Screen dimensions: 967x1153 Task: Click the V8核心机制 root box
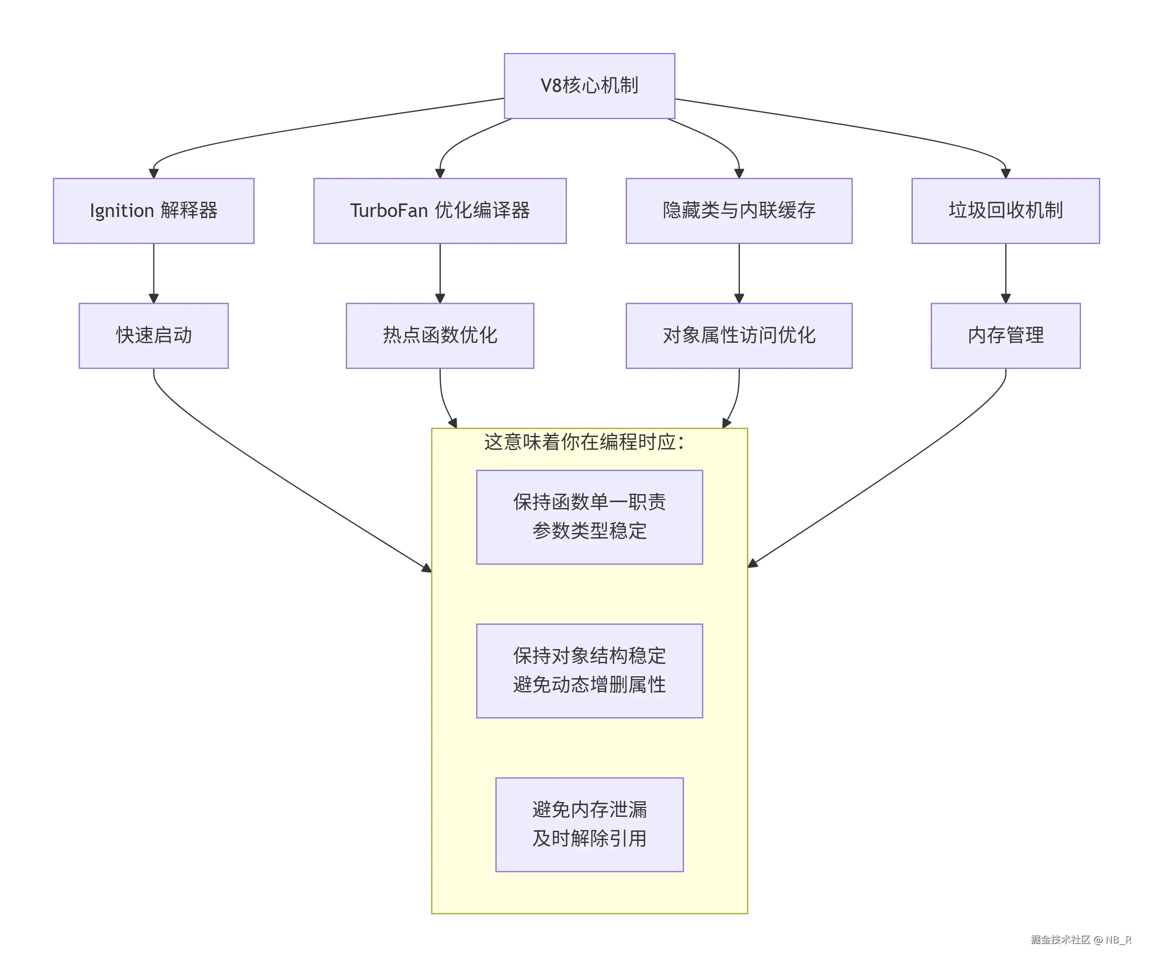point(589,86)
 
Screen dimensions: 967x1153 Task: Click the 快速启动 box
point(153,336)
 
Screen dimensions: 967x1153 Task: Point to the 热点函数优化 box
point(440,336)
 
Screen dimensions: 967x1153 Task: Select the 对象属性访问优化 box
point(739,336)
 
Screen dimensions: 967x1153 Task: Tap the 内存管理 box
point(1005,336)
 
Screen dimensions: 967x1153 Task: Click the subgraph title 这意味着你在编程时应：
point(584,442)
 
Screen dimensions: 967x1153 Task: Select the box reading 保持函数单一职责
point(589,517)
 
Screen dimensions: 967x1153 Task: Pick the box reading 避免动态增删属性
point(589,670)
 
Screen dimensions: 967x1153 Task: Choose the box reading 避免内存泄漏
point(589,824)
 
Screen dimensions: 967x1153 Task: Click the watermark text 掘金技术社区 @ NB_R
point(1081,939)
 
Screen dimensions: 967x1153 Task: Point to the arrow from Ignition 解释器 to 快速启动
point(154,272)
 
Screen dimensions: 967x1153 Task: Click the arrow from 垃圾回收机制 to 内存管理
point(1005,272)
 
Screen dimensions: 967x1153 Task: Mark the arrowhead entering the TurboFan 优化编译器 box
point(440,173)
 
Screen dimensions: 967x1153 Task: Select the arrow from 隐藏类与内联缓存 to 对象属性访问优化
point(739,272)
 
